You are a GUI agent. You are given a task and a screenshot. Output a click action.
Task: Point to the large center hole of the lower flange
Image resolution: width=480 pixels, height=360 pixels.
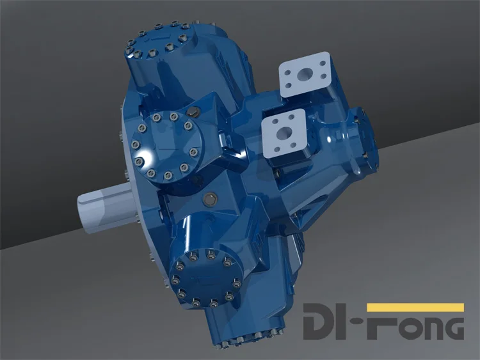(x=283, y=133)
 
